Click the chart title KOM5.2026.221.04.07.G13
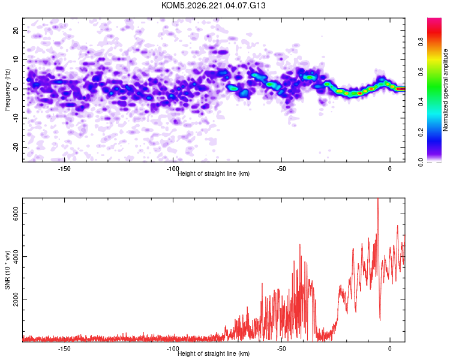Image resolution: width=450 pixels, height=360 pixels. [213, 5]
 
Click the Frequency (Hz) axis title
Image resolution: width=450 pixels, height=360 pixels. [7, 90]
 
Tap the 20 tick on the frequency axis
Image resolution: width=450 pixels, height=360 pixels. [16, 30]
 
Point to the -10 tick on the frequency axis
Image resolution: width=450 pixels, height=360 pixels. [16, 118]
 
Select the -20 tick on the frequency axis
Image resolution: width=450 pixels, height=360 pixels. [16, 147]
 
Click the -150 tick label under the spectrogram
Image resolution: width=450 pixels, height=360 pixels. [64, 169]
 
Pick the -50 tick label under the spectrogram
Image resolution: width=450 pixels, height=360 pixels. [281, 169]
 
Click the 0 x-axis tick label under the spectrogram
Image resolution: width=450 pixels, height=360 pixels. [390, 169]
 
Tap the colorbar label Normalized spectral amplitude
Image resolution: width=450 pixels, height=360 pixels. [445, 90]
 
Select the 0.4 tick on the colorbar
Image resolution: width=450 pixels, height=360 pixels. [421, 101]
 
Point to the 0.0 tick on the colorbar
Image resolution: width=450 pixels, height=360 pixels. [421, 162]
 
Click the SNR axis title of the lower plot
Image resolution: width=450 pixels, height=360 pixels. [7, 270]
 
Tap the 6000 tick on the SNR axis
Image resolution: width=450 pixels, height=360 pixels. [16, 214]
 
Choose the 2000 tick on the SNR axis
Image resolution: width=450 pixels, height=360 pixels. [16, 299]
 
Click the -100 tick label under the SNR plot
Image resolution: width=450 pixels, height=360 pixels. [173, 349]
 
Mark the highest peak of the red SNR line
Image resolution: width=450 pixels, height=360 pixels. [378, 199]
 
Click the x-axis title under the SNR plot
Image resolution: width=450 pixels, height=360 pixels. [214, 353]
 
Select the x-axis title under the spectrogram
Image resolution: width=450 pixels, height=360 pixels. [214, 173]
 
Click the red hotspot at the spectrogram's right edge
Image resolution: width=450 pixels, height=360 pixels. [401, 89]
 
